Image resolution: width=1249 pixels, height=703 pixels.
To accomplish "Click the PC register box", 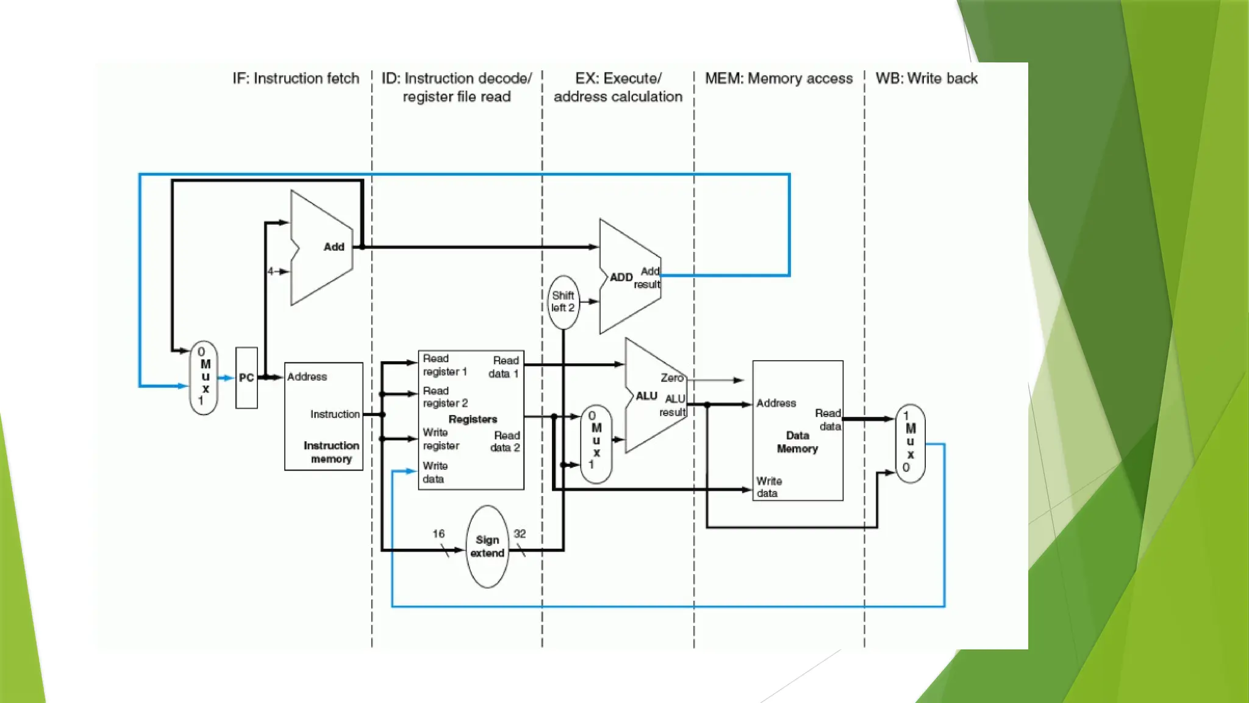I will point(246,378).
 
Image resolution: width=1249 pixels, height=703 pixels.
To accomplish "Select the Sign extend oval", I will point(487,547).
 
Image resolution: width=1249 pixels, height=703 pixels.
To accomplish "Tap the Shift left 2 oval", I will point(563,302).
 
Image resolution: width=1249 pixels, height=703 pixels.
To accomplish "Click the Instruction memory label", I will point(331,452).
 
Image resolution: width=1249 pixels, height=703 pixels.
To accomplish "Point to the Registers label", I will point(473,419).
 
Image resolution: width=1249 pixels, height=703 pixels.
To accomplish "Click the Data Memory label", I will point(797,442).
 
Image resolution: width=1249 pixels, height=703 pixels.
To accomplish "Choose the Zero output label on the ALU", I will point(671,378).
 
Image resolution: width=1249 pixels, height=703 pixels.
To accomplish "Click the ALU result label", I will point(673,405).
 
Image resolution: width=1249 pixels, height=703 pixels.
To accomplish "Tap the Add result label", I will point(648,278).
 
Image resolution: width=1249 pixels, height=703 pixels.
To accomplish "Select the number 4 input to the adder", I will point(270,272).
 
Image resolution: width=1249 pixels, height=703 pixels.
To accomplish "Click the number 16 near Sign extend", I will point(438,534).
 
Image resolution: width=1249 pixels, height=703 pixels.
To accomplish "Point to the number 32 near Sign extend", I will point(520,534).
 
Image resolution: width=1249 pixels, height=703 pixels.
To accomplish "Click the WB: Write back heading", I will point(926,79).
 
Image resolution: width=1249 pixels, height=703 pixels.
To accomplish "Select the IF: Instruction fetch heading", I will point(296,79).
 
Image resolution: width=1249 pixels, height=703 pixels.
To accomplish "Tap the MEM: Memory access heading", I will point(779,79).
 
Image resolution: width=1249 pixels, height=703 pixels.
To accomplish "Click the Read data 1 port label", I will point(504,367).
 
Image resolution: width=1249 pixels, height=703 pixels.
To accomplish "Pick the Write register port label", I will point(441,439).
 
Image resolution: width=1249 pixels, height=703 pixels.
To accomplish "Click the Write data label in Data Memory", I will point(768,487).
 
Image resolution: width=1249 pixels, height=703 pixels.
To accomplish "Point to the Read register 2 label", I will point(445,397).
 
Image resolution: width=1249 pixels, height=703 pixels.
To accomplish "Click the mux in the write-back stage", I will point(910,443).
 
